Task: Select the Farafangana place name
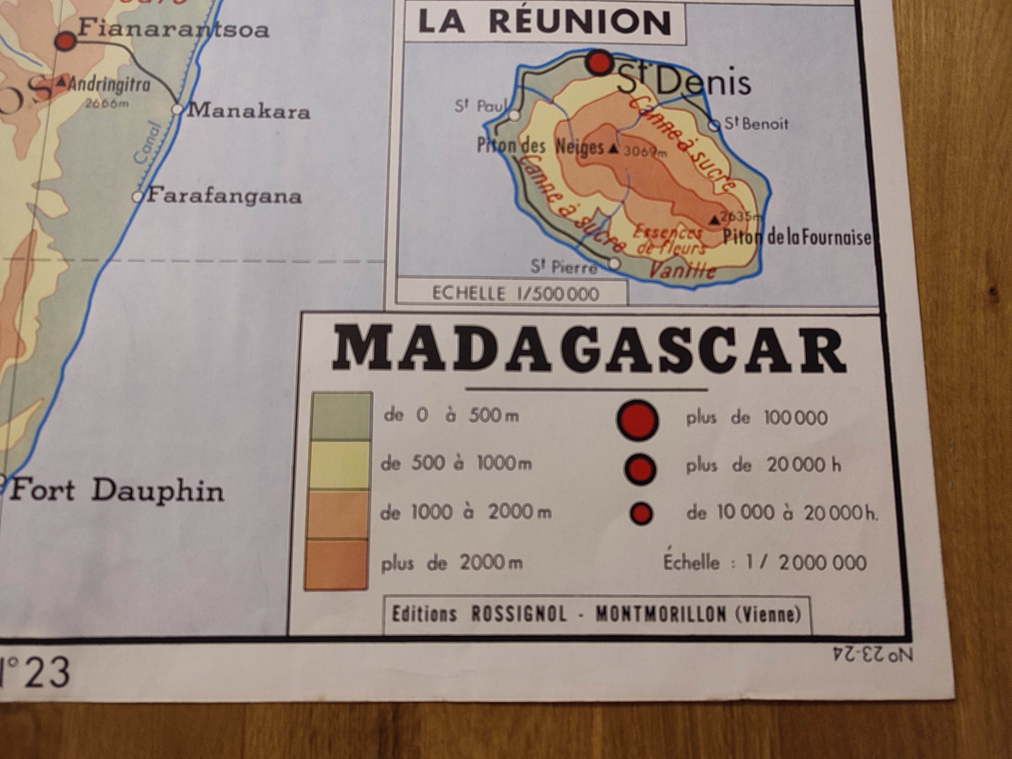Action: click(x=224, y=197)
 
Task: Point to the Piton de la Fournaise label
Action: click(x=796, y=238)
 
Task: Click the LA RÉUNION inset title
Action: click(x=544, y=23)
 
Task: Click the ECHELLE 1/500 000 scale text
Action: click(x=516, y=293)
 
